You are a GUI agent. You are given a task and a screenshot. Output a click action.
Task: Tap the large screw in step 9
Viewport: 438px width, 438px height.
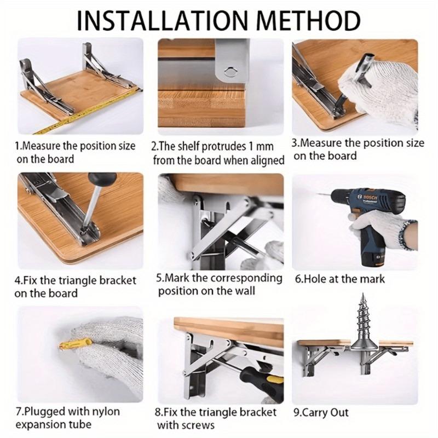pos(361,328)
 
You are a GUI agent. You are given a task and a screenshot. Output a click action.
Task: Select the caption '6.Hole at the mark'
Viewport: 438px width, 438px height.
pos(339,279)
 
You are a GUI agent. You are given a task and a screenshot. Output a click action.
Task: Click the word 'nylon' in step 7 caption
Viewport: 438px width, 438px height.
pos(103,411)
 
